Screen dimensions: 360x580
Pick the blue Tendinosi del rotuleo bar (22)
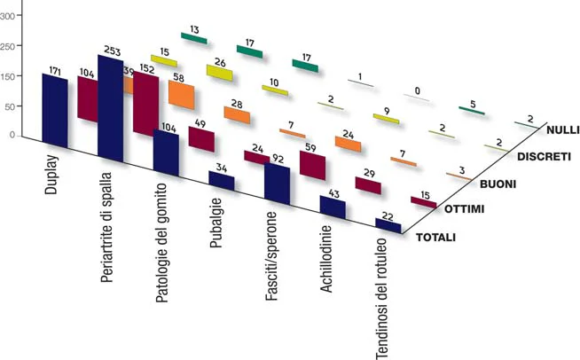(388, 226)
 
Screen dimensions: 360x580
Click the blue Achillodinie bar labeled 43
(332, 207)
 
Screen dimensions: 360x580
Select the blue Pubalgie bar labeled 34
(222, 180)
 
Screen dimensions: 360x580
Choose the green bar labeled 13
(193, 38)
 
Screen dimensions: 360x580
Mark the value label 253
(113, 50)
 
